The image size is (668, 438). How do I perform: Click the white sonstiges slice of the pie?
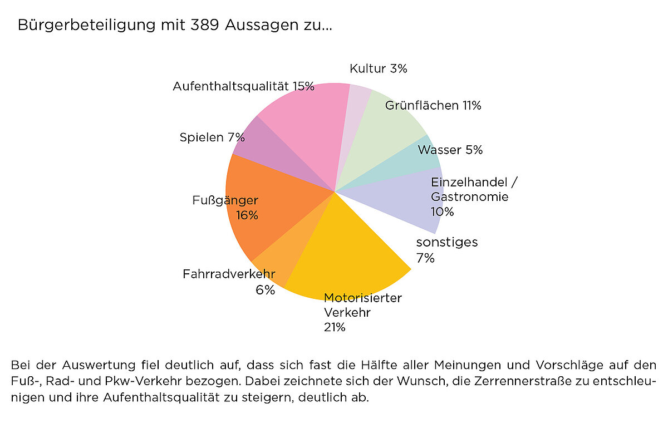[401, 239]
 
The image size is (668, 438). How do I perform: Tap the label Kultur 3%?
[379, 68]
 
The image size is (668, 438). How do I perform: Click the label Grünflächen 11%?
[433, 105]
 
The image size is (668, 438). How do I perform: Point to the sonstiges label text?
[447, 242]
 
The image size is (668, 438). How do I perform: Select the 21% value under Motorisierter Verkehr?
[335, 327]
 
